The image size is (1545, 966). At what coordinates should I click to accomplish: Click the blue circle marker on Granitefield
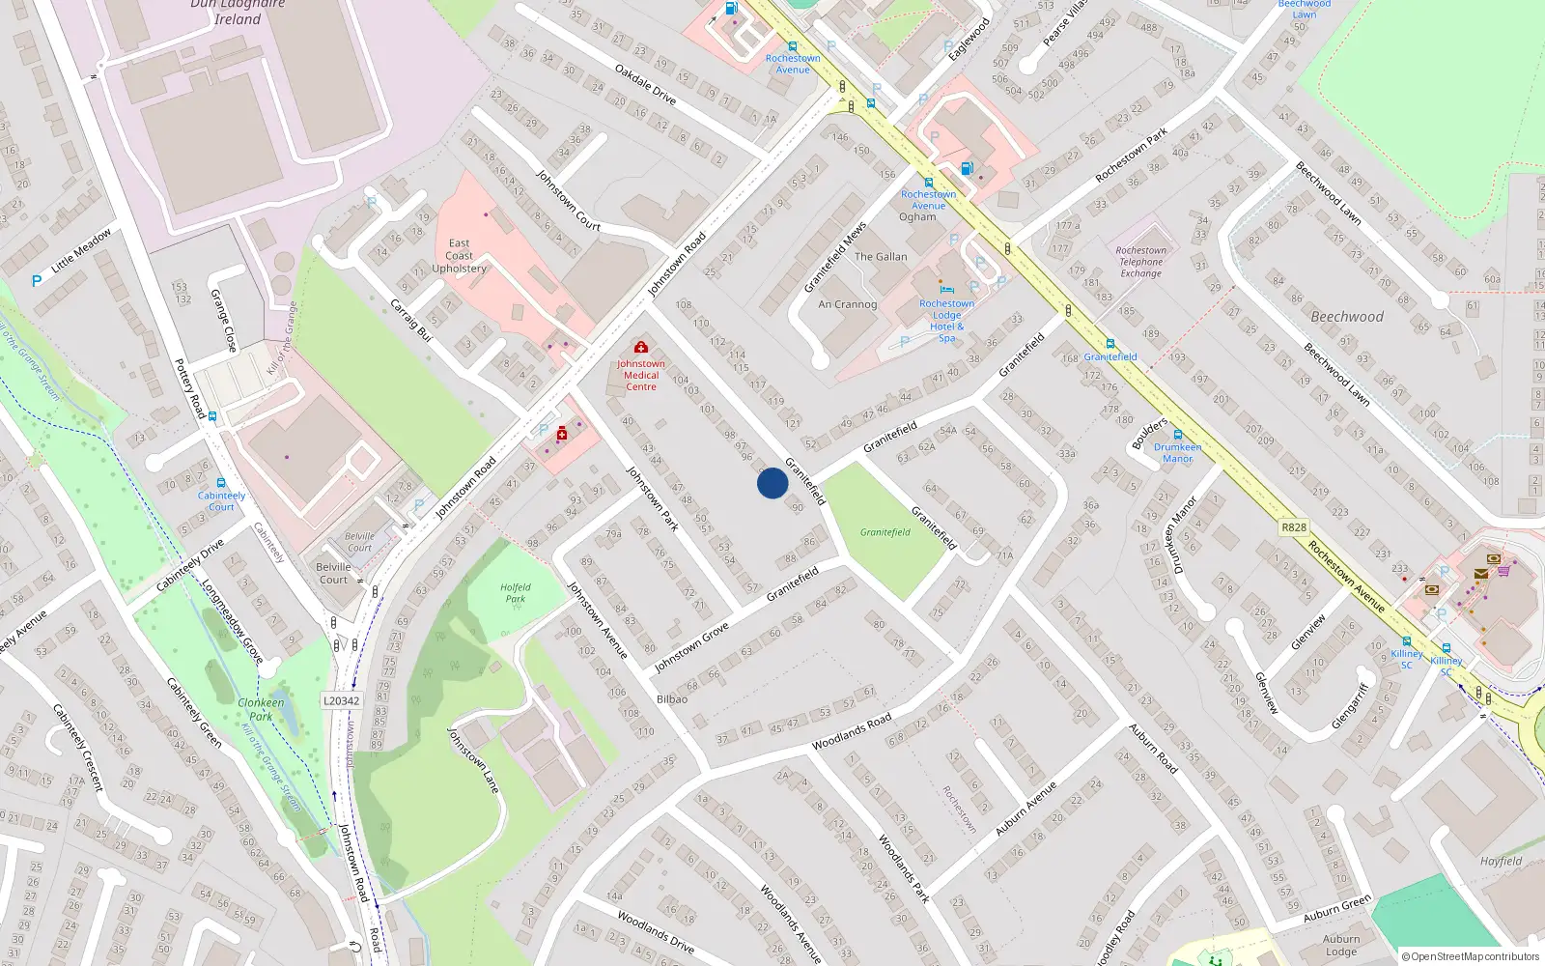point(772,483)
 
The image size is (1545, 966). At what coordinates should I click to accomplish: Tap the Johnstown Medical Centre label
point(641,375)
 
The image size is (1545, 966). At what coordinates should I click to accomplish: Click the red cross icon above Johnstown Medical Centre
point(640,347)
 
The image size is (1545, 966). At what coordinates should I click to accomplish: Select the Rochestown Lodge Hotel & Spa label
point(946,321)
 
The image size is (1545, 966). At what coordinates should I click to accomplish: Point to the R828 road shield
point(1294,527)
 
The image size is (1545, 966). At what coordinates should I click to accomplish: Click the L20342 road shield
point(341,701)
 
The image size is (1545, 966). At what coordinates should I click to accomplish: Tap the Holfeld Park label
point(516,592)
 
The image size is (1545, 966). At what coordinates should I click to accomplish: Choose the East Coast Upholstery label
point(460,256)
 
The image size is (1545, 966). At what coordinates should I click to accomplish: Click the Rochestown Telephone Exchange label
point(1141,262)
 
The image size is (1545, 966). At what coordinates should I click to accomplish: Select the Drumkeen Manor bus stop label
point(1178,452)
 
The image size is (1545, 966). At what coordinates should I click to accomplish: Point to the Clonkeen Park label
point(261,709)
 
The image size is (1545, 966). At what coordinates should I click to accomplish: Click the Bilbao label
point(672,698)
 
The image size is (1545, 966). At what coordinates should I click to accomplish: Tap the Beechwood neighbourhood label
point(1347,317)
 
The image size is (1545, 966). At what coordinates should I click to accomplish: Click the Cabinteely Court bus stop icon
point(221,483)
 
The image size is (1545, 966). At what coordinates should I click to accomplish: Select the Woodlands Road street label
point(852,732)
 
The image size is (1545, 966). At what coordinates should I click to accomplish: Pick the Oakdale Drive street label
point(646,85)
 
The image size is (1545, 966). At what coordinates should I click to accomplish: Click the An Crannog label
point(848,304)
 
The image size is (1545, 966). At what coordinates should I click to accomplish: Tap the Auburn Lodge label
point(1341,945)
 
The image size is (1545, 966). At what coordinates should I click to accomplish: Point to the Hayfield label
point(1501,861)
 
